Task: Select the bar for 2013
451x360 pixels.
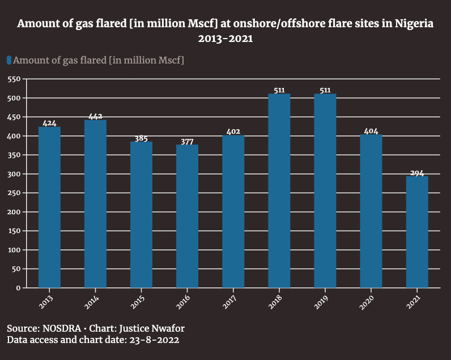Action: point(49,207)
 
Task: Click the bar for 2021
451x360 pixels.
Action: point(417,232)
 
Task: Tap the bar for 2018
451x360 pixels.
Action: point(279,191)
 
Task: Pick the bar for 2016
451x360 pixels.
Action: point(187,216)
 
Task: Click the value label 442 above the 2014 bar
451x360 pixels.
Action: point(96,116)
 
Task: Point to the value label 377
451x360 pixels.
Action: point(187,142)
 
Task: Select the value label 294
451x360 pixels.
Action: point(417,173)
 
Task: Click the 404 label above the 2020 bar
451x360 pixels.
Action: point(371,131)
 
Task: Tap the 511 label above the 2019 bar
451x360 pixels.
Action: point(325,90)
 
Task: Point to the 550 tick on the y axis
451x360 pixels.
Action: point(14,79)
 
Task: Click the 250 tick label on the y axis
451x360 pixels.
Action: point(14,193)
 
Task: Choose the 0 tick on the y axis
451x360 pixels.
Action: point(18,288)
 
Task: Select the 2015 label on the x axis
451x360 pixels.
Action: point(137,302)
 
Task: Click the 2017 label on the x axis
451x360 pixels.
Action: point(229,302)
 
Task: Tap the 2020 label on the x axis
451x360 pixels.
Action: point(367,302)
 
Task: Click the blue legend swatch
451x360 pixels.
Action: point(9,60)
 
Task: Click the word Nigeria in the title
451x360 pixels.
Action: point(414,24)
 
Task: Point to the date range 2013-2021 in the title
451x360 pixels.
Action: point(226,39)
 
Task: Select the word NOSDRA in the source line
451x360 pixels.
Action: point(62,328)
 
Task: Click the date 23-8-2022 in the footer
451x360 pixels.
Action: point(154,340)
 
